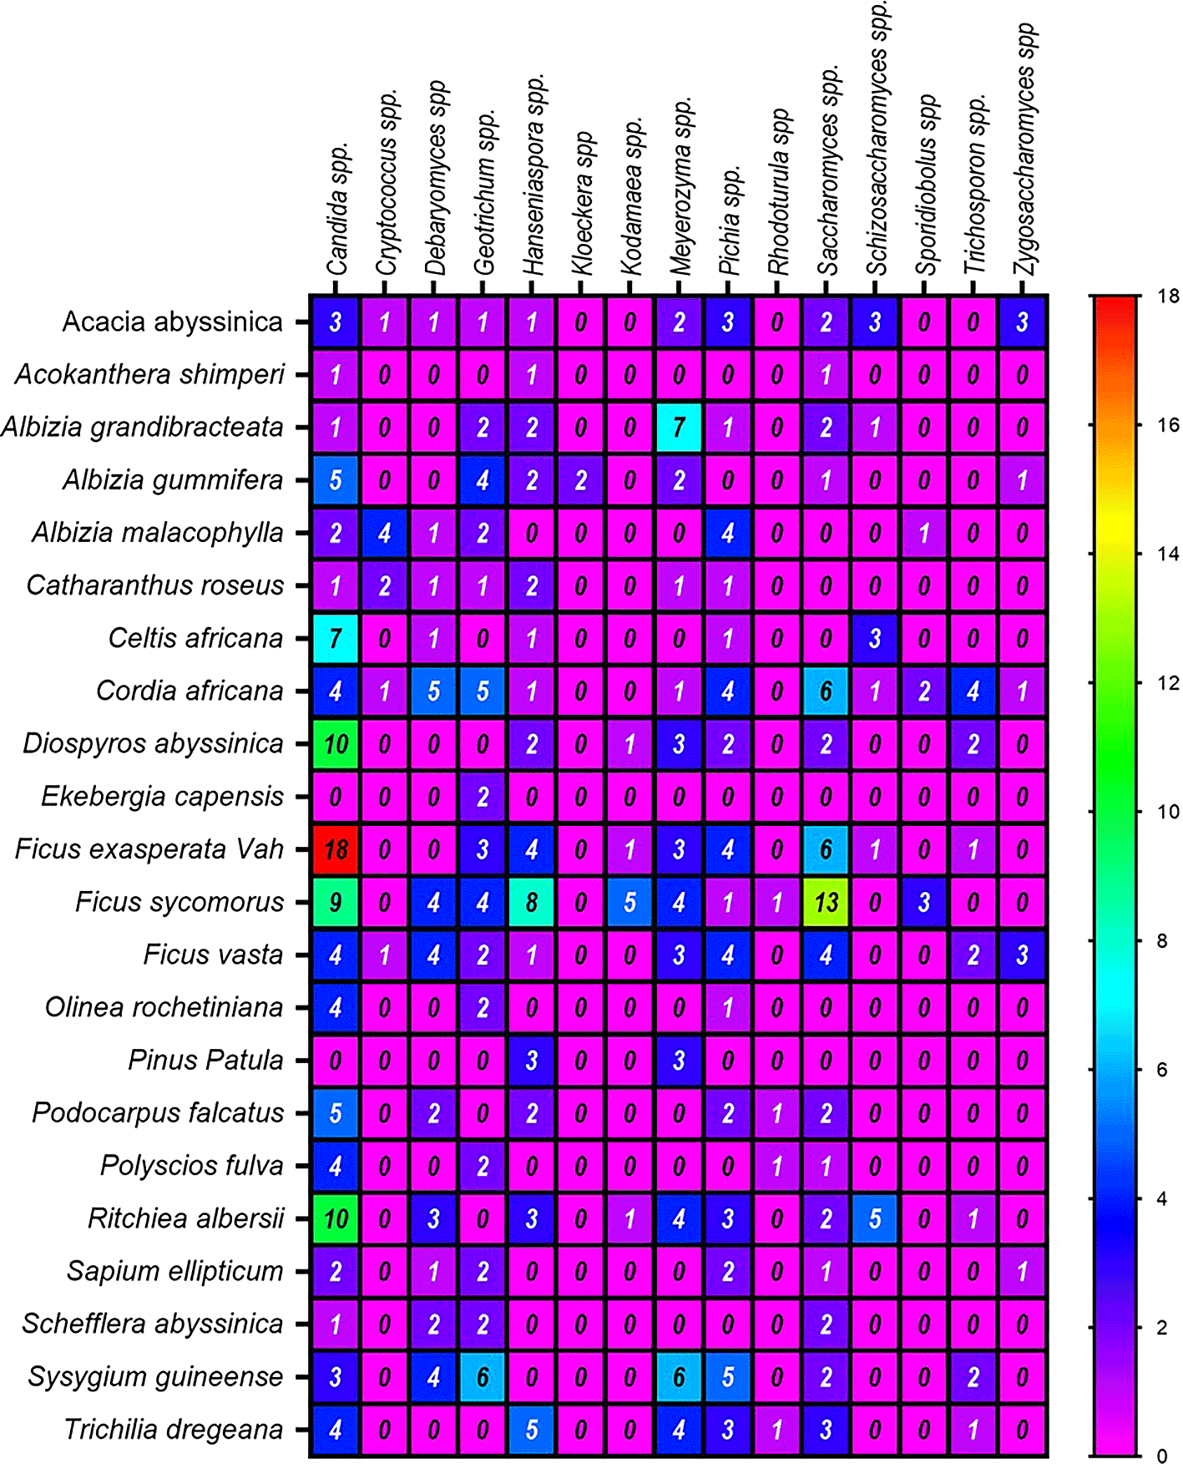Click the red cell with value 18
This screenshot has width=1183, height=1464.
[335, 849]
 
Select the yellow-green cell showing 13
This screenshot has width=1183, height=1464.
[826, 902]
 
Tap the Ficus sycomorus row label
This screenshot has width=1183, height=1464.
[179, 902]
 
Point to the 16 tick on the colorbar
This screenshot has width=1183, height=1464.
[1167, 425]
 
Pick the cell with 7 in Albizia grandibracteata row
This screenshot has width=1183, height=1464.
[679, 428]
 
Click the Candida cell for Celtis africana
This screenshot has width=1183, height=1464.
[335, 639]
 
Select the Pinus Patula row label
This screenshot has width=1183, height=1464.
[205, 1061]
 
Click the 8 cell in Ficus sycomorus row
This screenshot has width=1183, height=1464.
[532, 902]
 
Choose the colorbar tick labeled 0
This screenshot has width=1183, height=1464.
[1161, 1456]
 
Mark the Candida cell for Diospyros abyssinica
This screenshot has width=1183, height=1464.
[335, 744]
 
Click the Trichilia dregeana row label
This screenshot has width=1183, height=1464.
[174, 1430]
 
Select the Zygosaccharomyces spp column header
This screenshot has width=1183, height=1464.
[1025, 150]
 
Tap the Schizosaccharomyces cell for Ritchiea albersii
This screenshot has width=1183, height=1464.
[875, 1218]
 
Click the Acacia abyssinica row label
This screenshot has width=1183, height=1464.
[173, 322]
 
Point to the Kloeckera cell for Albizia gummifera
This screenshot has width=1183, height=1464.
[581, 480]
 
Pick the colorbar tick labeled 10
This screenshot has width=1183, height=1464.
[1167, 812]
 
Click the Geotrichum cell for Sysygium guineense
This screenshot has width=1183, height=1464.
[483, 1377]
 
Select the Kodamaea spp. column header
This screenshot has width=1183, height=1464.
[633, 196]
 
